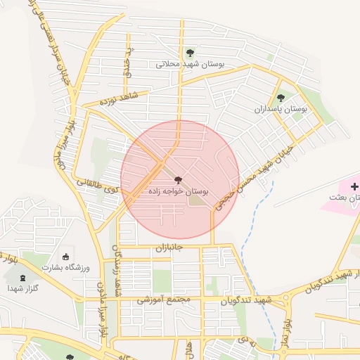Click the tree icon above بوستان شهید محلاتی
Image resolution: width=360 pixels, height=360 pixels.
(x=190, y=53)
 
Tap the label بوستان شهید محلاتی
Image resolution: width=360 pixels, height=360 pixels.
(x=191, y=64)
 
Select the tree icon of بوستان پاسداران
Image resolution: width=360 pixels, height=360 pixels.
(x=281, y=98)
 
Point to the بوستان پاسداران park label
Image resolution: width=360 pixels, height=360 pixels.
(x=281, y=110)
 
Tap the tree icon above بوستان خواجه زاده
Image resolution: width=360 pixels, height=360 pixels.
(x=178, y=181)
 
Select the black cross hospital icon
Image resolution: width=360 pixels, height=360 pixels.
(x=354, y=187)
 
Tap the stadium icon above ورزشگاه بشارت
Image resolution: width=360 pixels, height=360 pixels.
(x=66, y=257)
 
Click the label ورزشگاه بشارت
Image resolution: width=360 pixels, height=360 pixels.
(x=67, y=269)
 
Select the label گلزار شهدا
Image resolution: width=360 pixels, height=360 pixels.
(x=23, y=288)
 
